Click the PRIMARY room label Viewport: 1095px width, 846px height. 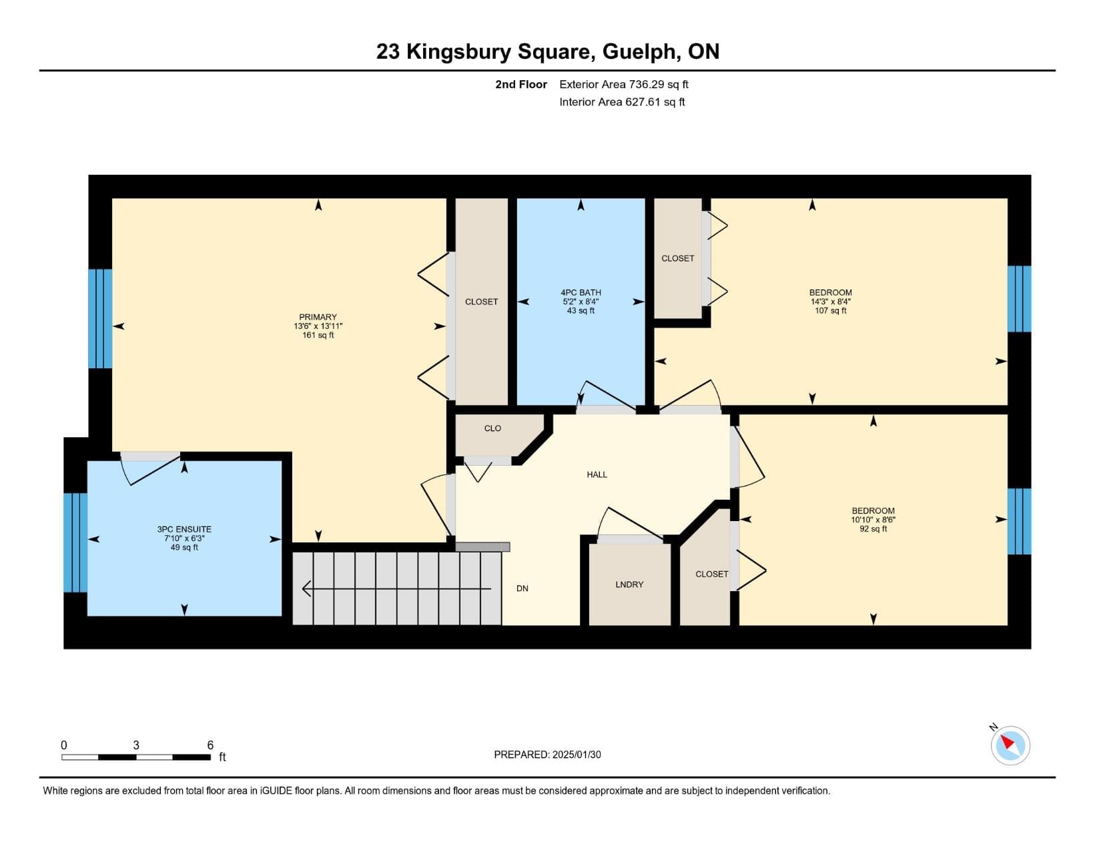pos(318,317)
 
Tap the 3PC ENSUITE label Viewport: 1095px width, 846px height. pos(184,529)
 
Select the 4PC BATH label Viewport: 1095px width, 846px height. pos(581,292)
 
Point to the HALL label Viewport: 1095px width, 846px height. pos(597,474)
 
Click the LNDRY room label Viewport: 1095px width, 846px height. pos(629,584)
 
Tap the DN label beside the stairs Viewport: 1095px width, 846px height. pos(522,588)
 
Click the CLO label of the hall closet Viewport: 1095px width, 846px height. pos(492,428)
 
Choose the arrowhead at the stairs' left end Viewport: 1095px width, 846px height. pos(306,588)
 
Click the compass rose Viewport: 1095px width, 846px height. pos(1010,745)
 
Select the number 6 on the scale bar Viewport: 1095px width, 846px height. pos(210,745)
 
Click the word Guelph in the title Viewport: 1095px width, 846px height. pos(639,52)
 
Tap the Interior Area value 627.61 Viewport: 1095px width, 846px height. pos(642,102)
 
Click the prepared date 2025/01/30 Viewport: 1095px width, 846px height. pos(577,755)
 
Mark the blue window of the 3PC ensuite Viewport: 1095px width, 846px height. pos(75,542)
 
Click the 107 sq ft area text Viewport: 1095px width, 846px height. pos(831,310)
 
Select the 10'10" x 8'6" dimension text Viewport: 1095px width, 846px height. pos(873,520)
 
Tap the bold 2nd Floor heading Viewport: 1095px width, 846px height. pos(521,84)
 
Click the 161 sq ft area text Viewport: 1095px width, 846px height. pos(318,335)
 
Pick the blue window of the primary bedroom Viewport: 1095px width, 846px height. pos(100,318)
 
